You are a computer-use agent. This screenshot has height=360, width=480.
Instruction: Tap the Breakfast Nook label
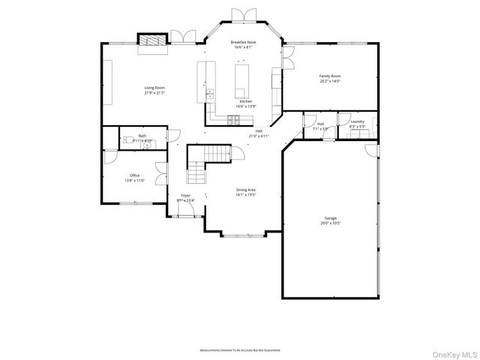(243, 43)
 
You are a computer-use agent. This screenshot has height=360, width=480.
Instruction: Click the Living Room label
(154, 88)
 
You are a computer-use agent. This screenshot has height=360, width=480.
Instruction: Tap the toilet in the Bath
(129, 139)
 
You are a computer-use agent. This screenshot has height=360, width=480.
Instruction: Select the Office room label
(135, 175)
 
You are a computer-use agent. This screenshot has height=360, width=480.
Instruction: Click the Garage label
(330, 218)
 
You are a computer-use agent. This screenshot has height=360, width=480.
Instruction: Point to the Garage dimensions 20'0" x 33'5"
(330, 223)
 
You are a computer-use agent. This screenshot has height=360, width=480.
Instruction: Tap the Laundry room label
(357, 121)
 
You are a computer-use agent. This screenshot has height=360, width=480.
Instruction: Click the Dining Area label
(246, 190)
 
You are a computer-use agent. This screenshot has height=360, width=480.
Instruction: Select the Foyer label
(185, 195)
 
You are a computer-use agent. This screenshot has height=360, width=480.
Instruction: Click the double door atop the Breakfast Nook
(243, 16)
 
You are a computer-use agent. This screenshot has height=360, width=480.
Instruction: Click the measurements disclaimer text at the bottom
(240, 350)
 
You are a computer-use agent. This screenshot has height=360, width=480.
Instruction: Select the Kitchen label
(245, 101)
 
